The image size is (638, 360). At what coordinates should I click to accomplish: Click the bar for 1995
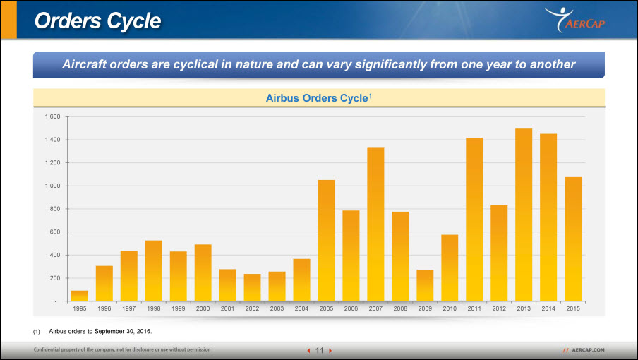coord(80,296)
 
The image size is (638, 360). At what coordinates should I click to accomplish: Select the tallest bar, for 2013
coord(524,215)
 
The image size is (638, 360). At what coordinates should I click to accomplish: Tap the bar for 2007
coord(375,224)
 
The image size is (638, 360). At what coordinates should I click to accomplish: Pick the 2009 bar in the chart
coord(425,286)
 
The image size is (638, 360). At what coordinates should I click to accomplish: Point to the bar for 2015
coord(573,239)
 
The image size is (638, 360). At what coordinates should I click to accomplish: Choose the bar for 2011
coord(474,220)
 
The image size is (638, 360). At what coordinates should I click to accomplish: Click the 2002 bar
coord(252,287)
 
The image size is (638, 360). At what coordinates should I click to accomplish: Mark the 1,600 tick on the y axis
coord(52,116)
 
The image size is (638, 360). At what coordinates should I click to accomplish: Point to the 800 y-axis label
coord(55,209)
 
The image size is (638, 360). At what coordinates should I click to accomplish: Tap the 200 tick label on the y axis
coord(55,278)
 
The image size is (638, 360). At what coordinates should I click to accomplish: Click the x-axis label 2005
coord(326,308)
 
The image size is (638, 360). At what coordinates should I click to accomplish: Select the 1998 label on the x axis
coord(153,308)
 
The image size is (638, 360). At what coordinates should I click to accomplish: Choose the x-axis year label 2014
coord(548,308)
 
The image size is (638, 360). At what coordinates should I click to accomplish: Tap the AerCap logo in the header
coord(575,20)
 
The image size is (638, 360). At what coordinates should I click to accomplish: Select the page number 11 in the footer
coord(320,350)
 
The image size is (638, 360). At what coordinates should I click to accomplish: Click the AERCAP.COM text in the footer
coord(588,350)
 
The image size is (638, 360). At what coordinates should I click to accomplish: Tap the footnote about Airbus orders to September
coord(100,332)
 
